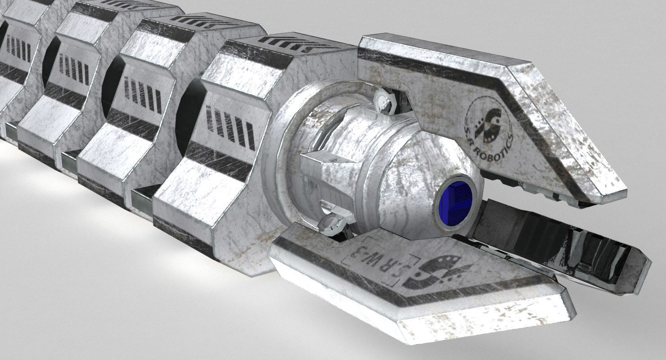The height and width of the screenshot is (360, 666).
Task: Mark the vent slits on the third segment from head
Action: pyautogui.click(x=74, y=70)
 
